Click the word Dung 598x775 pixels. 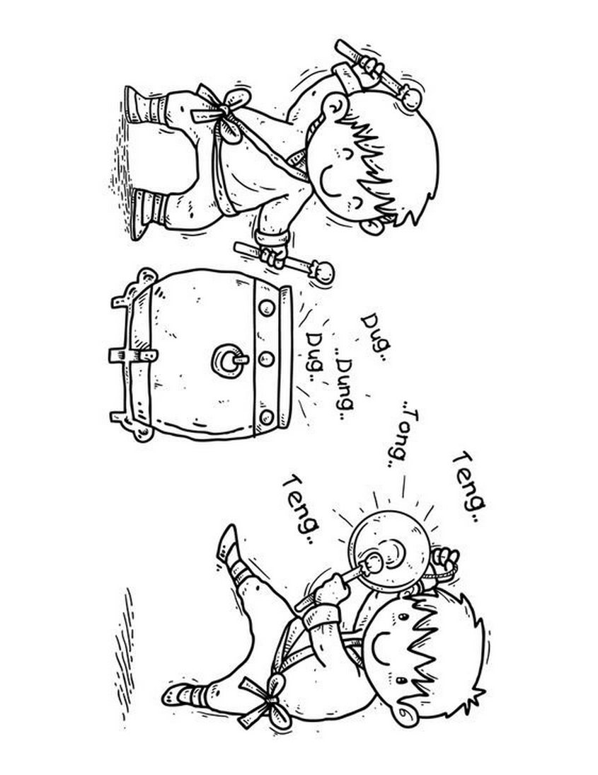[344, 385]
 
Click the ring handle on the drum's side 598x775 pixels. [229, 360]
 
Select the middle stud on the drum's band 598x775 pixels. [266, 359]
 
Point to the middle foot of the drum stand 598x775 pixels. [132, 356]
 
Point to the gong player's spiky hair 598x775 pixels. [447, 652]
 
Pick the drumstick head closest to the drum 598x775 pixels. [323, 272]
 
